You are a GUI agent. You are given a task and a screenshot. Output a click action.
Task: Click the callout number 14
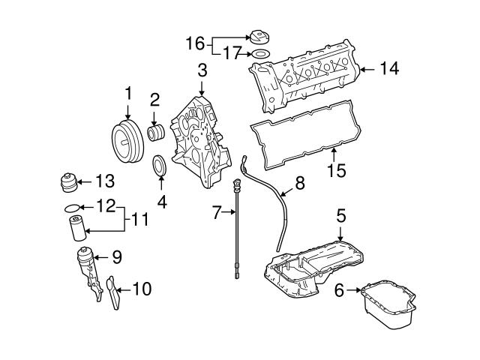point(389,68)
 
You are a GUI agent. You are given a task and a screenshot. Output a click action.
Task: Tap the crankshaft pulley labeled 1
point(127,142)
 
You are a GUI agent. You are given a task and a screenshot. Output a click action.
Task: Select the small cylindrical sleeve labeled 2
point(156,133)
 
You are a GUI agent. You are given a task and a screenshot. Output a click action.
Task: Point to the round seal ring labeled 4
point(160,166)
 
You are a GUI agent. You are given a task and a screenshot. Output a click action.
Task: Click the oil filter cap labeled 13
point(68,183)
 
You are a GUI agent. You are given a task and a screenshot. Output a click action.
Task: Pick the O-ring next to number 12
point(73,208)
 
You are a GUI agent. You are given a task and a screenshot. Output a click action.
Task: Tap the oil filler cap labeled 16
point(259,37)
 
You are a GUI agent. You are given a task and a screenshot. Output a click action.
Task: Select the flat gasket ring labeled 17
point(260,55)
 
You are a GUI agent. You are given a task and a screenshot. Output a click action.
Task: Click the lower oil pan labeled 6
point(388,304)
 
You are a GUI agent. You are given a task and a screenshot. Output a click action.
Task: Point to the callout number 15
point(336,170)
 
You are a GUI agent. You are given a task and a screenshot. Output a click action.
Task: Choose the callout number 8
point(300,183)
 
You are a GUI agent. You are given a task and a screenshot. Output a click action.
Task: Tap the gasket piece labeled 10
point(113,292)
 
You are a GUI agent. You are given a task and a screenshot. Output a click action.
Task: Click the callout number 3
point(202,70)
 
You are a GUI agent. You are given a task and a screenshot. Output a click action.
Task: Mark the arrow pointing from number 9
point(101,257)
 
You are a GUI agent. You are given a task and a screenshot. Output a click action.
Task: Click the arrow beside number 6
point(354,290)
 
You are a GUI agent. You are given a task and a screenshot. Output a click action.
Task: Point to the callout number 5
point(341,215)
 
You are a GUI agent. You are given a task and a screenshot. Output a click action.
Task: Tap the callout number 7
point(217,212)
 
